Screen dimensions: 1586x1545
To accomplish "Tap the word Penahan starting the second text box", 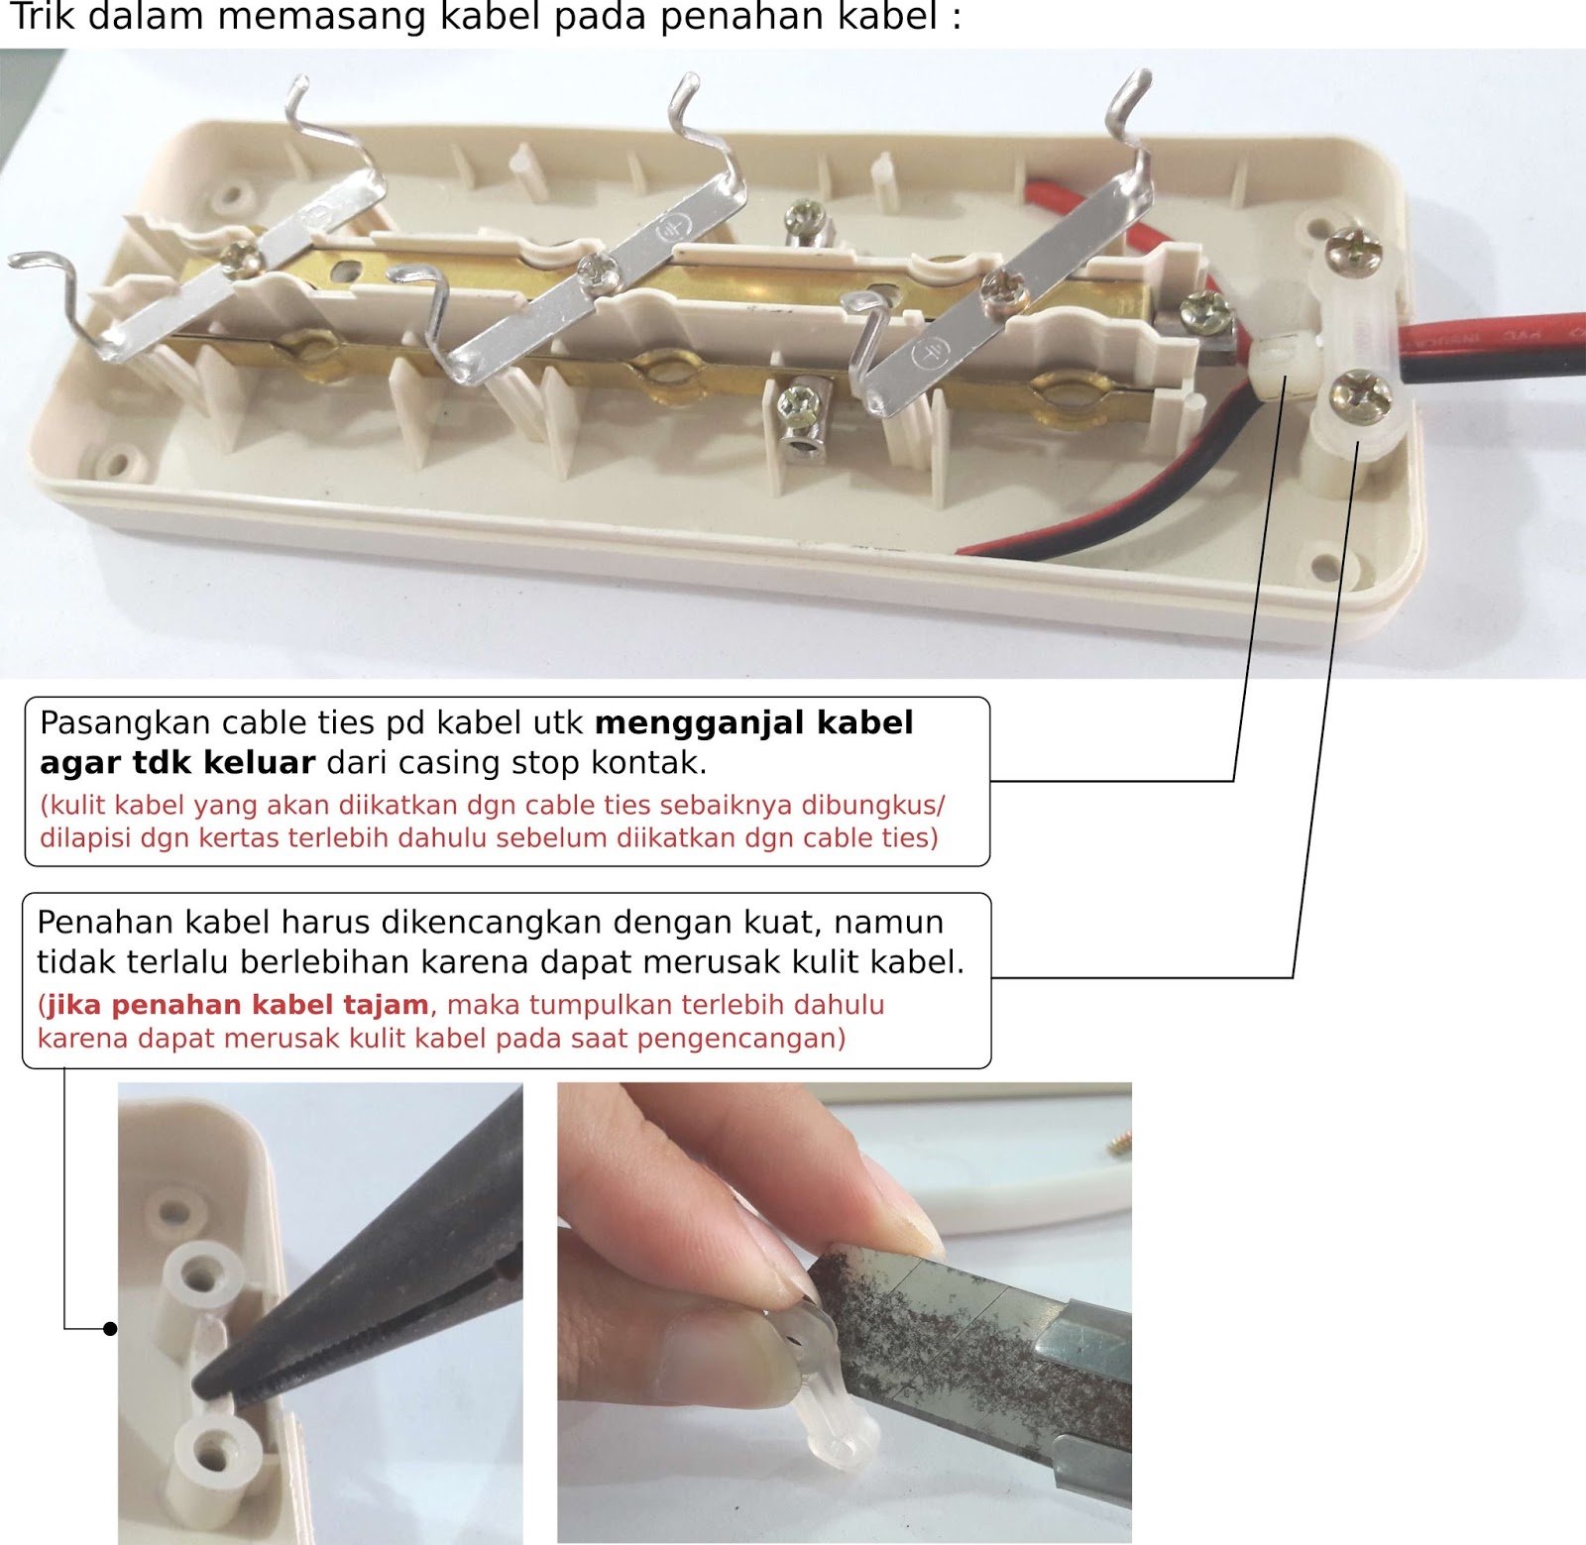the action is coord(104,923).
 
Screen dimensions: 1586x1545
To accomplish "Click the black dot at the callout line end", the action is coord(110,1329).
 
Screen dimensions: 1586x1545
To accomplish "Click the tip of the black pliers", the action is coord(199,1385).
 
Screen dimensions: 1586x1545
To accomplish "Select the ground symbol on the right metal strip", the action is coord(931,353).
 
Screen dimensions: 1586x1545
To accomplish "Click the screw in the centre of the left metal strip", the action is coord(241,259).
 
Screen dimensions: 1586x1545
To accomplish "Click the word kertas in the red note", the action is coord(240,838).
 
